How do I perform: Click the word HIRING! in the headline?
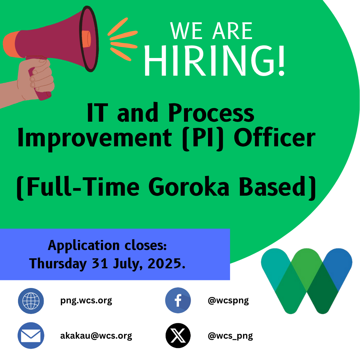[x=215, y=61]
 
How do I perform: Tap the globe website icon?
[x=31, y=301]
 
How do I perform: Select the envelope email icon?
[x=31, y=335]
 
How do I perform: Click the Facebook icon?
[x=178, y=300]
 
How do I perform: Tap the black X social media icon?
[x=178, y=335]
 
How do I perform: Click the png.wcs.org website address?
[x=86, y=301]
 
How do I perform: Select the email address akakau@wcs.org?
[x=96, y=336]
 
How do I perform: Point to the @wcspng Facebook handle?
[x=228, y=301]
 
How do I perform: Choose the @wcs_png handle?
[x=230, y=336]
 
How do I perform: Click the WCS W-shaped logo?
[x=307, y=281]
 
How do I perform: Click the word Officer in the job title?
[x=275, y=137]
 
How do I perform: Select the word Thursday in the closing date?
[x=58, y=264]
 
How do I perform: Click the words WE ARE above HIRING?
[x=211, y=31]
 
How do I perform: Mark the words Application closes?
[x=107, y=246]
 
